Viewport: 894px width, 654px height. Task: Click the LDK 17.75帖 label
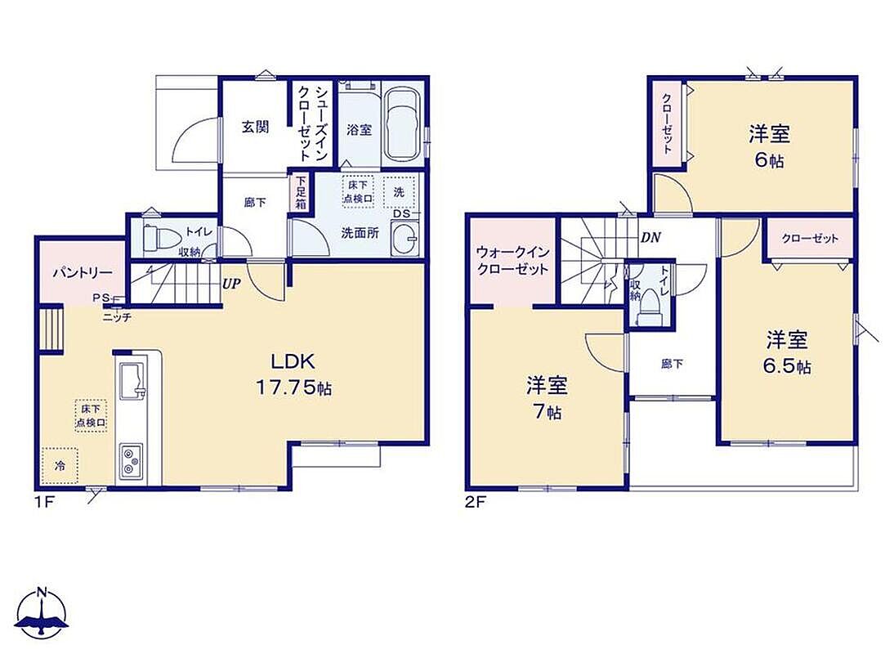293,374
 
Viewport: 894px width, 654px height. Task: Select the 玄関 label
255,127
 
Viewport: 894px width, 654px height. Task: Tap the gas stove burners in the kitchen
132,461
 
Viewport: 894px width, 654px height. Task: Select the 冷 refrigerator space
60,465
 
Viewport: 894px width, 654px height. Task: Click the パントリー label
83,272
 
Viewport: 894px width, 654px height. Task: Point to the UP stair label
231,284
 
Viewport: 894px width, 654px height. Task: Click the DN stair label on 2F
650,237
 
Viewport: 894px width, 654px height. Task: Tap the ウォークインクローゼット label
512,261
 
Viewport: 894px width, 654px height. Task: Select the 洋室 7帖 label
547,397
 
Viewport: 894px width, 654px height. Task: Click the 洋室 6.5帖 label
787,352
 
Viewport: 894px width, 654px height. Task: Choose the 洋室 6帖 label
769,146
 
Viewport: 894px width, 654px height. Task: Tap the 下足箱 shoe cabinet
301,193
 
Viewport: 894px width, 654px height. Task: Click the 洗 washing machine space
399,192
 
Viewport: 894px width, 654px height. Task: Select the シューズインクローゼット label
312,123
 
